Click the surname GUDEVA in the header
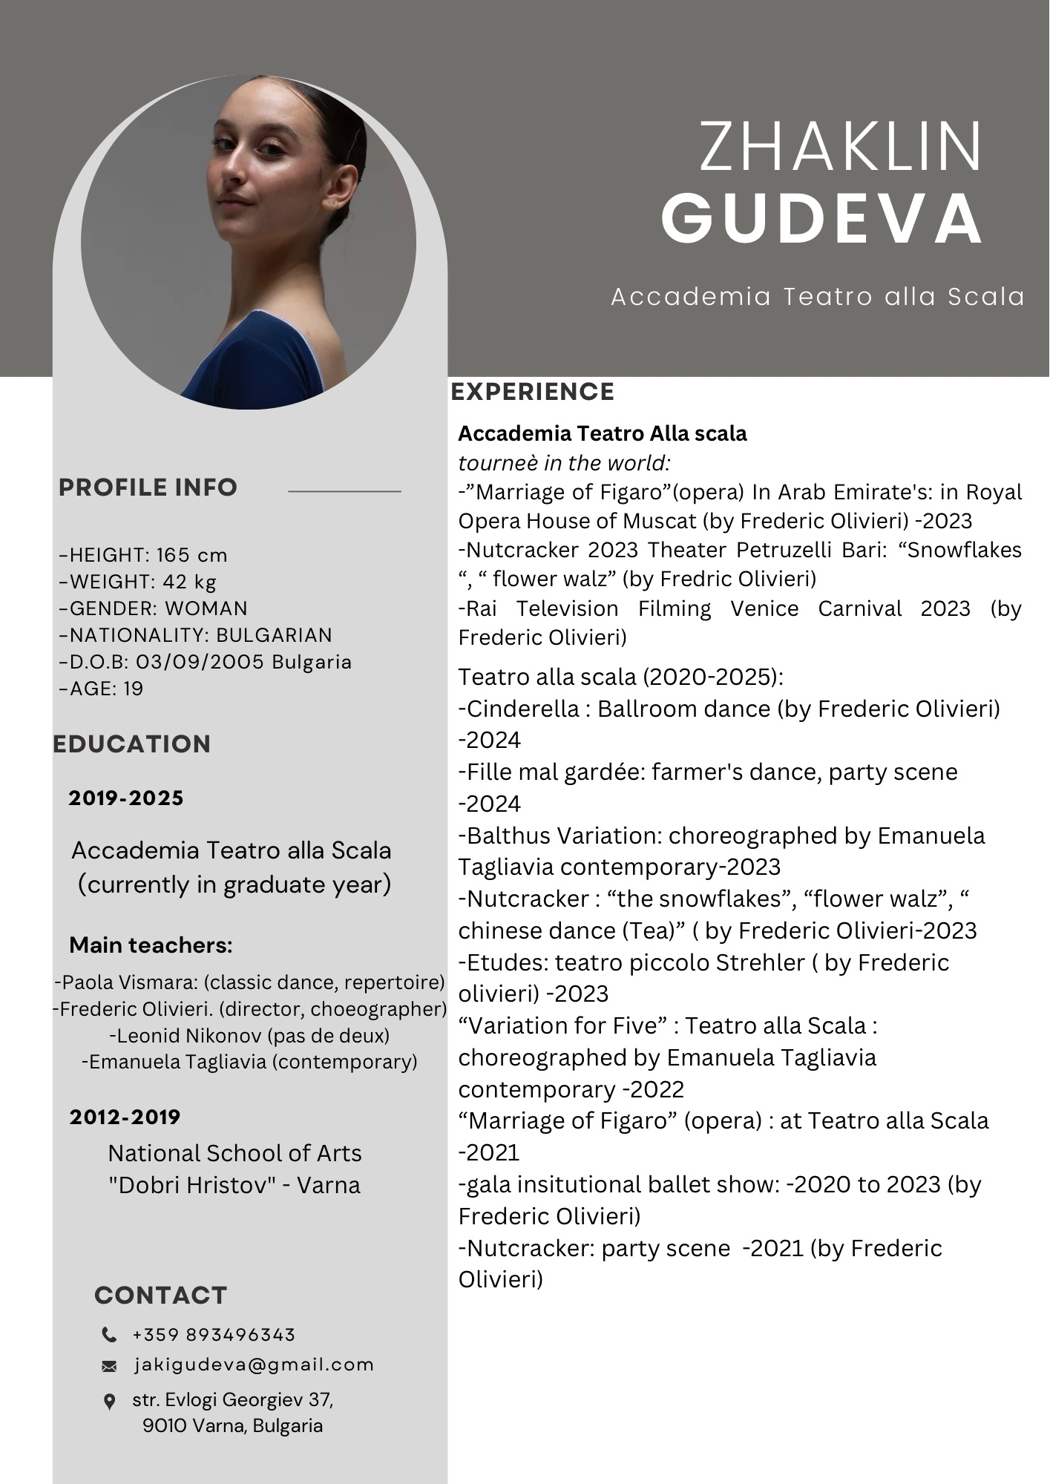click(x=822, y=217)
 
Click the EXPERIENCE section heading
click(x=533, y=392)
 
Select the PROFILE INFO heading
click(x=148, y=487)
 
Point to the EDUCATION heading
click(x=132, y=744)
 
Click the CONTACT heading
click(x=160, y=1295)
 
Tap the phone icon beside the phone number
click(x=109, y=1335)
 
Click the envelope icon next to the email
click(x=109, y=1366)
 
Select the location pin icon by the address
click(x=109, y=1402)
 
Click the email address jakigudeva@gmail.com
click(x=254, y=1365)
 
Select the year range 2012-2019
click(x=125, y=1117)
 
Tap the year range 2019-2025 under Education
click(x=125, y=798)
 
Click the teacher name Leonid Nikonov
click(x=188, y=1035)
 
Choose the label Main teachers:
click(x=151, y=945)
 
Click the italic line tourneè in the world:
click(x=564, y=463)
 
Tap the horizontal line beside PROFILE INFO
click(x=344, y=491)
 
